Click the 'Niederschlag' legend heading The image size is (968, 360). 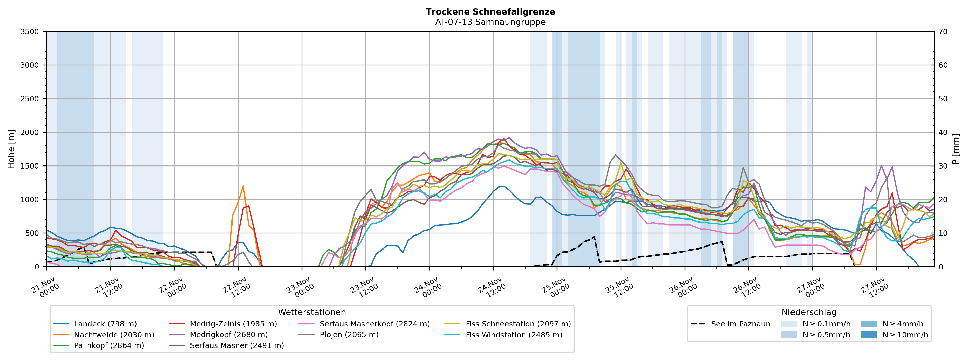pyautogui.click(x=809, y=312)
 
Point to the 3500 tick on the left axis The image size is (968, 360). pyautogui.click(x=30, y=32)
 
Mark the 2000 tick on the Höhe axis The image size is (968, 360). pyautogui.click(x=30, y=132)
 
